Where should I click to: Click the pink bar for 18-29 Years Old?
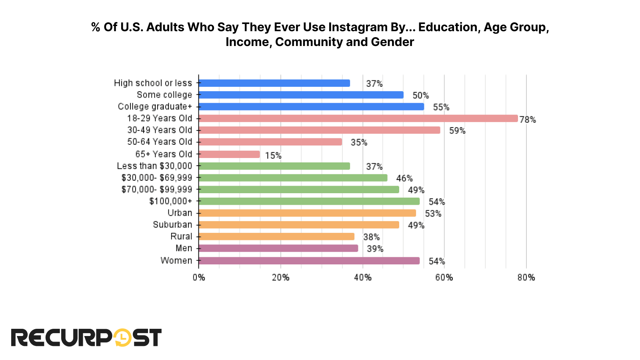click(358, 118)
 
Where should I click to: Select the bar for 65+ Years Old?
click(229, 154)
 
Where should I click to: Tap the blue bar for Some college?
click(301, 95)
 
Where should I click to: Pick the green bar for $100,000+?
click(309, 201)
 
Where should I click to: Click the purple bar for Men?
click(278, 248)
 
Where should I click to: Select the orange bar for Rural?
click(276, 236)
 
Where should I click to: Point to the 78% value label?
click(528, 120)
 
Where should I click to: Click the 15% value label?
click(273, 156)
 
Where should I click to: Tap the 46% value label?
click(404, 178)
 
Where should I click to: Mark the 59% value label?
click(457, 131)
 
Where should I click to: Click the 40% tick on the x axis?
click(363, 278)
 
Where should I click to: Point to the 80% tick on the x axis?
click(526, 278)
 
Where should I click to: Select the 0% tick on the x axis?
click(199, 278)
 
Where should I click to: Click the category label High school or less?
click(153, 83)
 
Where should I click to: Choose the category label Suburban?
click(172, 225)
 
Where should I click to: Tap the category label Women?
click(176, 261)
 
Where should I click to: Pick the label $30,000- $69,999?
click(157, 178)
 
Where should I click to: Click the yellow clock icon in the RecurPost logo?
click(122, 338)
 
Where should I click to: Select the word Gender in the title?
click(392, 42)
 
